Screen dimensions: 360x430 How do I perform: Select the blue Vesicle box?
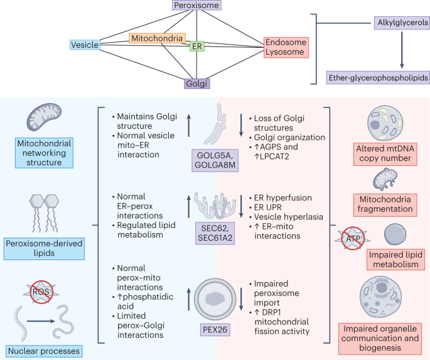(x=84, y=45)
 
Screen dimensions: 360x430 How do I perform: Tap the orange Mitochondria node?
(x=158, y=38)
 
